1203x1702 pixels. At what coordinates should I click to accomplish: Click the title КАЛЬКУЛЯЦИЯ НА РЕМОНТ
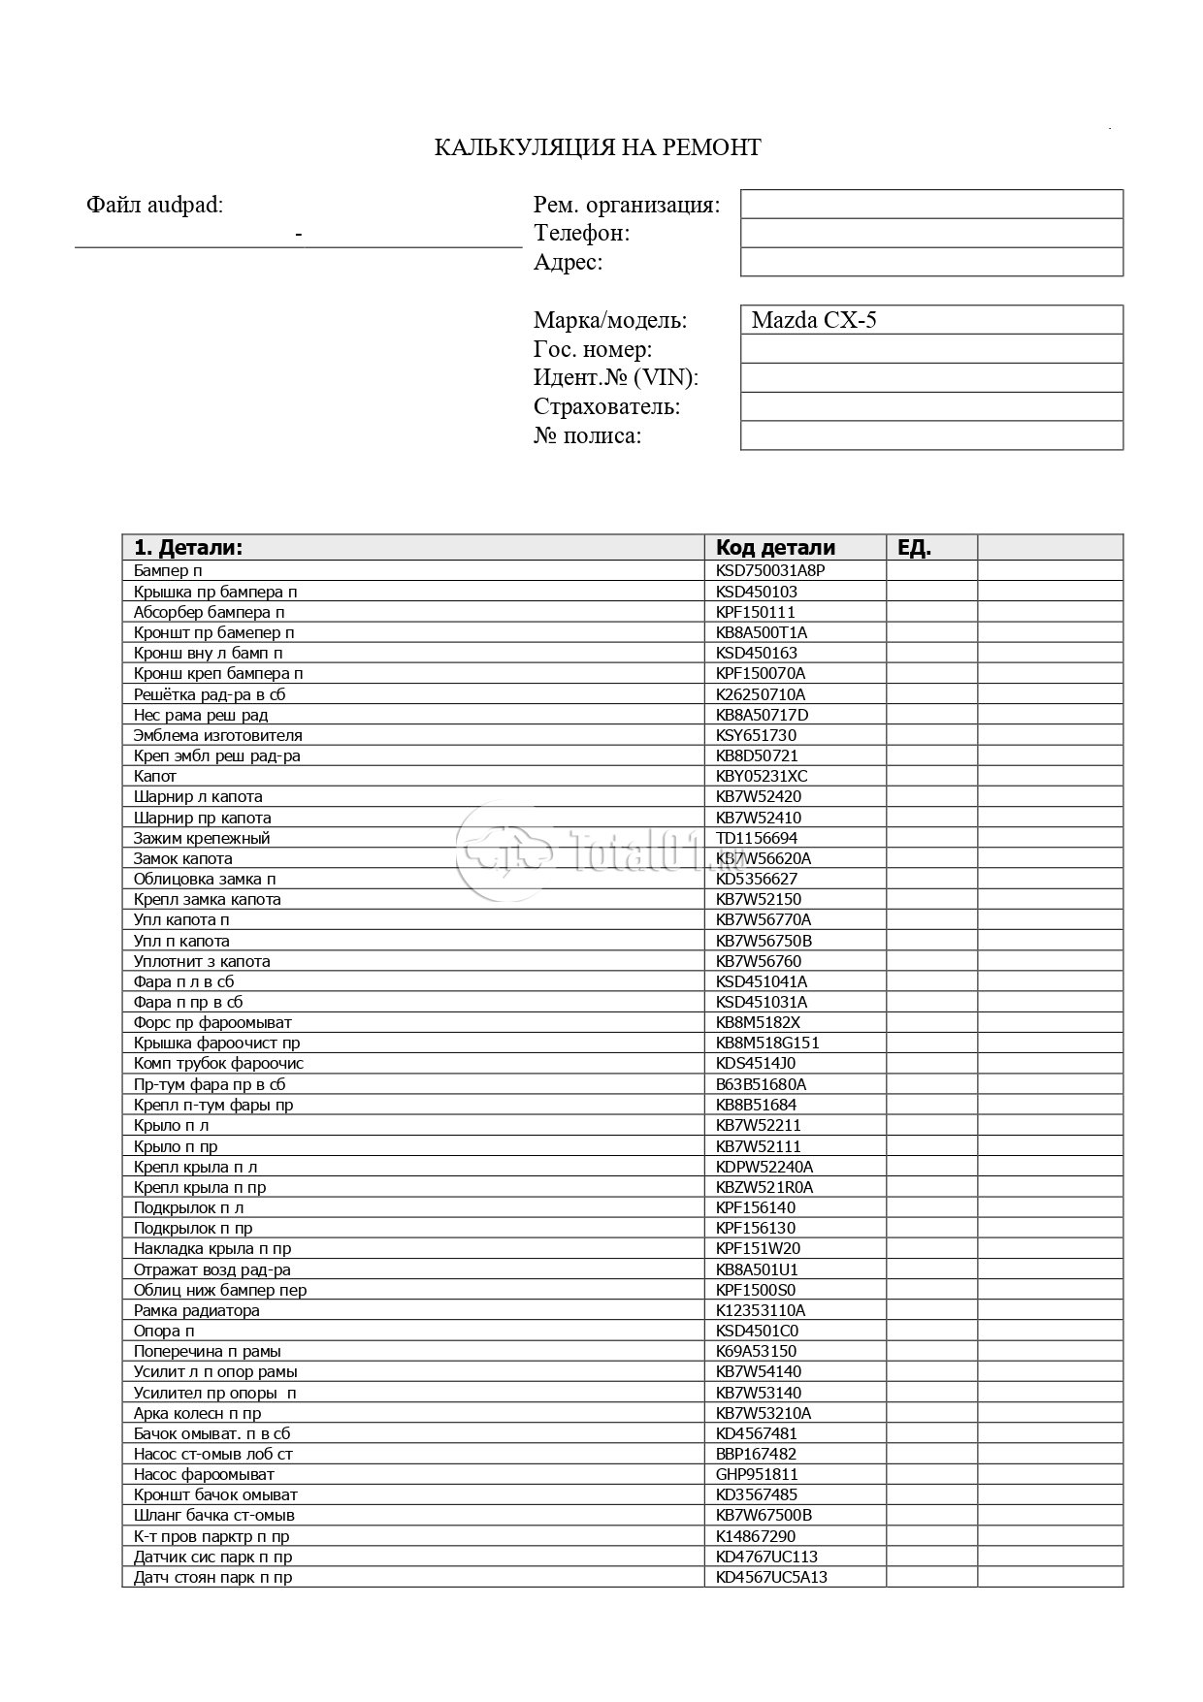click(597, 147)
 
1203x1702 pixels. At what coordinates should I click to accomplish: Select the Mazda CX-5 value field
click(930, 320)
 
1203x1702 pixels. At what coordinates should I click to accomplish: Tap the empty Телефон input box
click(930, 233)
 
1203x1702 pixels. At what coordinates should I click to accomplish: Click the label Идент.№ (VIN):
click(615, 378)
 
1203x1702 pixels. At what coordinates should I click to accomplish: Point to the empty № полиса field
click(930, 435)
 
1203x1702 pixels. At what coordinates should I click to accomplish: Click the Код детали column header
click(775, 547)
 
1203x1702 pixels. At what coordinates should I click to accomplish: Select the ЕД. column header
click(915, 547)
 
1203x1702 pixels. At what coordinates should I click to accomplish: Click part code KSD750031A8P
click(770, 571)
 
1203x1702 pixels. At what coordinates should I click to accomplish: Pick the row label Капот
click(155, 776)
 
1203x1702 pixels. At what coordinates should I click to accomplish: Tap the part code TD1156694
click(757, 838)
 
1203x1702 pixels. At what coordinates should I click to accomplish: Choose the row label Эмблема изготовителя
click(218, 735)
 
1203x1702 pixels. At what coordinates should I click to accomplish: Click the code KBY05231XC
click(762, 776)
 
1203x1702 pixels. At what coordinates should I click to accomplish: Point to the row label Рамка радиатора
click(197, 1310)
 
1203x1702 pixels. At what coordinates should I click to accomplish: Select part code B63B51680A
click(762, 1084)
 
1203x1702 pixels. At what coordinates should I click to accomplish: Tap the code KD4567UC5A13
click(771, 1577)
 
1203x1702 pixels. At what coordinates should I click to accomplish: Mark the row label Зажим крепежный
click(202, 838)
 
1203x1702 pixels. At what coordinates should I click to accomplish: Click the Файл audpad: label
click(154, 205)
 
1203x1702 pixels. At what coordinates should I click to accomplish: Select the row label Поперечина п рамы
click(208, 1351)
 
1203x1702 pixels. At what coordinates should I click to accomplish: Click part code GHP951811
click(757, 1474)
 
